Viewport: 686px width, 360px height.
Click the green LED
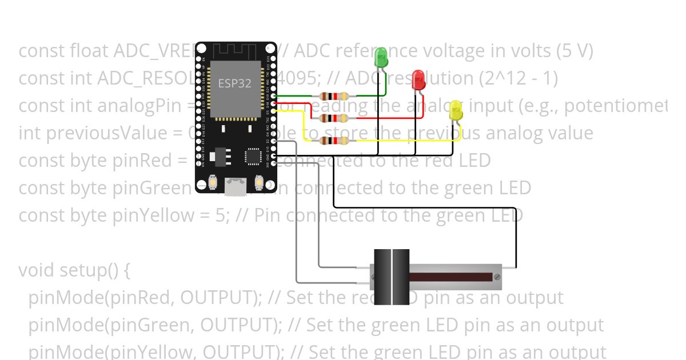381,58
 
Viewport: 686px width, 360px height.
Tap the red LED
418,79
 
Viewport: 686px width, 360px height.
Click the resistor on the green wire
333,96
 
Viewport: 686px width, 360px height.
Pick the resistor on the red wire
333,118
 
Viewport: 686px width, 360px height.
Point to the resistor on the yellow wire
333,141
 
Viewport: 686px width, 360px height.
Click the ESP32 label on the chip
234,83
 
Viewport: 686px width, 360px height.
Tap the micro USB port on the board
235,186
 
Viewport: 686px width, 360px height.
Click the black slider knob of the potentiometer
392,277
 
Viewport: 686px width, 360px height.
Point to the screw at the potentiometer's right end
497,277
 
